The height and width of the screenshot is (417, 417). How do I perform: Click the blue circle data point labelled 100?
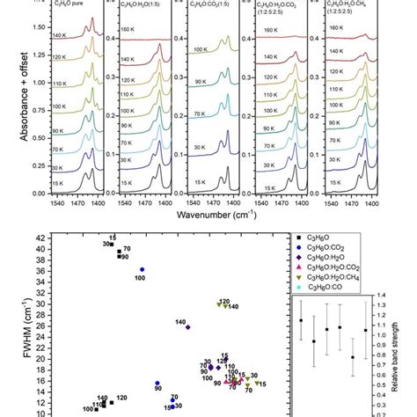click(143, 269)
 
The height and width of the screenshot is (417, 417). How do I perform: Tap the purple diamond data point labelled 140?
click(188, 326)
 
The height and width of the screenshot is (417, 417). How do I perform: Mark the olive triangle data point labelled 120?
click(219, 304)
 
